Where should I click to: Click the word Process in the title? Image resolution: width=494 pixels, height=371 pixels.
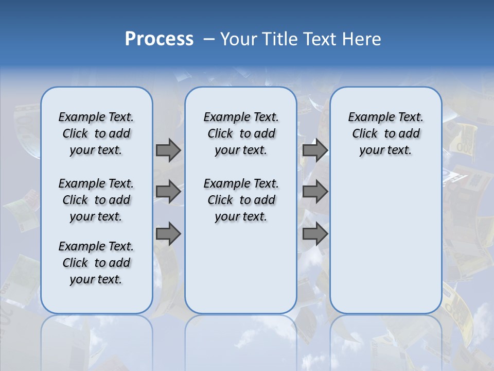coord(159,39)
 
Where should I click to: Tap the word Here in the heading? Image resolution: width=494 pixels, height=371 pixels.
coord(362,39)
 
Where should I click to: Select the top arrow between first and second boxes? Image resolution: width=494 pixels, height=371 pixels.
coord(168,150)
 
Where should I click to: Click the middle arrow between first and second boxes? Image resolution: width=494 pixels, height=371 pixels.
coord(168,192)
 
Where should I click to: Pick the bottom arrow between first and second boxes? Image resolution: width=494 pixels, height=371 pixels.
coord(168,234)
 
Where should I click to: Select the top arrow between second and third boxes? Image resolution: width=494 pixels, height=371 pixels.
coord(315,150)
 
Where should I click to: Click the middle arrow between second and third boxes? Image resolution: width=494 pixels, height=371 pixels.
coord(315,192)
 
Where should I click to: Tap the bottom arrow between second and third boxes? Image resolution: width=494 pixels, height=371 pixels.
coord(315,234)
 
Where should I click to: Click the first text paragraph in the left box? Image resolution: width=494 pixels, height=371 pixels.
coord(96,133)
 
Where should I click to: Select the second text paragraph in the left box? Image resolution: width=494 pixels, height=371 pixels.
coord(96,200)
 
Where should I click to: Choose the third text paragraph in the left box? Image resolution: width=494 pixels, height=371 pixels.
coord(96,263)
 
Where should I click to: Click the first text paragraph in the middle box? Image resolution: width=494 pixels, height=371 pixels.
coord(241,133)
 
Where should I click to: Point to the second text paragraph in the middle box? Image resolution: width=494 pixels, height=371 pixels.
coord(241,200)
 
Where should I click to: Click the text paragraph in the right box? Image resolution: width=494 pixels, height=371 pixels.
coord(386,133)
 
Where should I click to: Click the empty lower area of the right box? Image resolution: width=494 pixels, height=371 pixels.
coord(386,242)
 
